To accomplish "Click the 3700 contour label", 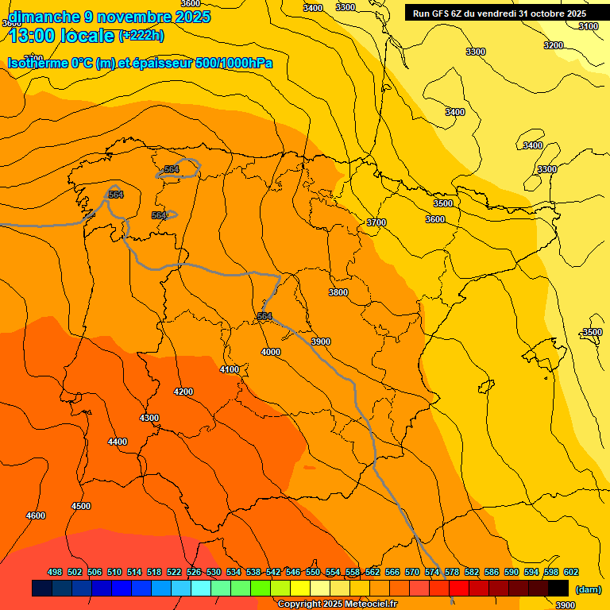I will tap(376, 222).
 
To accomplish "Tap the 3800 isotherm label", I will tap(338, 292).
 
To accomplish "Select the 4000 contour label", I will tap(271, 352).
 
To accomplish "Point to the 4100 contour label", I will tap(230, 369).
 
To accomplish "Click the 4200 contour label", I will tap(183, 392).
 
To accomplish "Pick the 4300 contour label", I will tap(149, 418).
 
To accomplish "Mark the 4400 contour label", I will tap(118, 442).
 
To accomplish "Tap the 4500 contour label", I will tap(81, 506).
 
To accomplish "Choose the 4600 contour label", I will tap(36, 515).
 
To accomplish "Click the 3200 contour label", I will tap(554, 45).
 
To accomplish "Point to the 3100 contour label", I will tap(589, 26).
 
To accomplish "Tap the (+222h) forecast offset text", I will tap(141, 35).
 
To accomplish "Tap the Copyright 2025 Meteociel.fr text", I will tap(337, 604).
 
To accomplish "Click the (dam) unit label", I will tap(588, 589).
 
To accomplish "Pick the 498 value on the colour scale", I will tap(55, 572).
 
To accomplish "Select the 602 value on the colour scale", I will tap(571, 572).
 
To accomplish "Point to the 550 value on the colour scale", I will tap(313, 572).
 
